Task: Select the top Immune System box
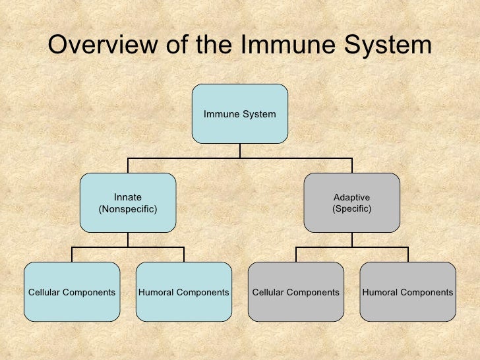coord(240,113)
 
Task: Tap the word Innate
coord(128,197)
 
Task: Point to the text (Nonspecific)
coord(128,209)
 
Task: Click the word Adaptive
coord(351,197)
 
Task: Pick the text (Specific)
coord(351,209)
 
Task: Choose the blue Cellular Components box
coord(72,292)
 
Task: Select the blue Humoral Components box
coord(184,292)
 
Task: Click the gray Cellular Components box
coord(296,292)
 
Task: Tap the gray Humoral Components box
coord(407,292)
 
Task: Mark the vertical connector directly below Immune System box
coord(240,151)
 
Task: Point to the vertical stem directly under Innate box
coord(128,240)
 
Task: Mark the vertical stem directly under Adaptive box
coord(351,240)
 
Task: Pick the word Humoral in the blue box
coord(155,292)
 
